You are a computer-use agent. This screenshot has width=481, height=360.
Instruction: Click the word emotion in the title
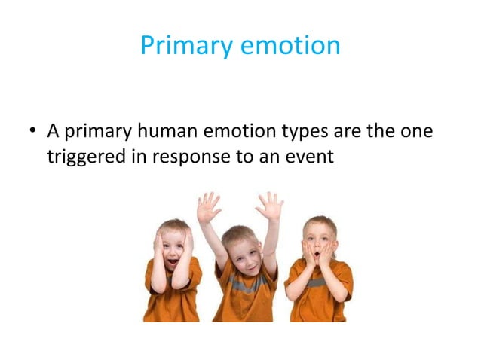point(290,46)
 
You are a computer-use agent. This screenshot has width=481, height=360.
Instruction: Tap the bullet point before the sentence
point(33,132)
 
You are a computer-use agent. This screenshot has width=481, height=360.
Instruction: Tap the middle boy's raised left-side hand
point(208,207)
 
